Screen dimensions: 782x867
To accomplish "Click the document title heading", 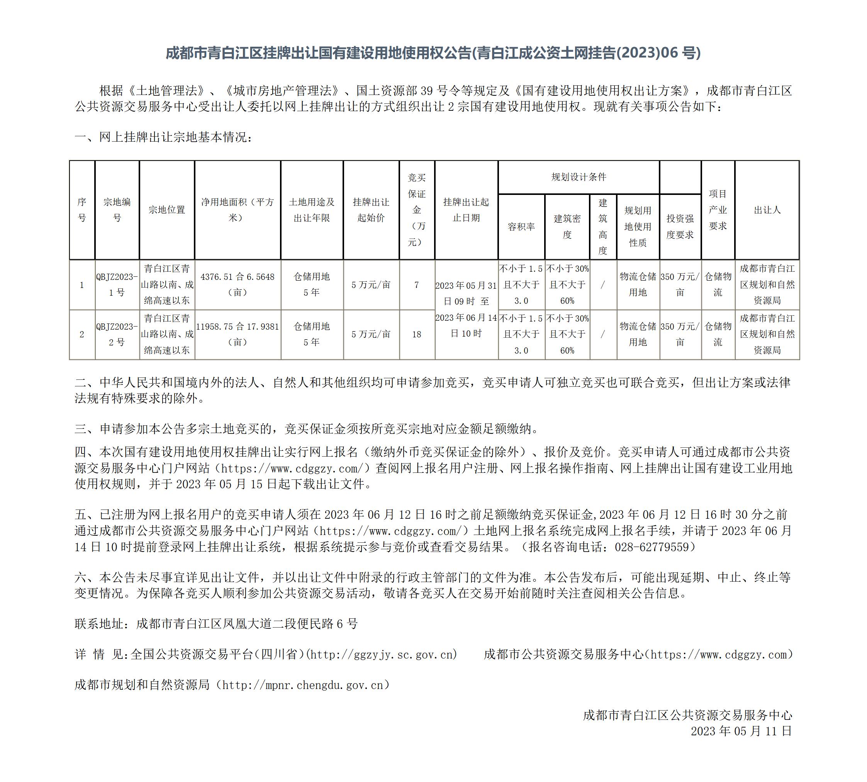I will click(x=433, y=53).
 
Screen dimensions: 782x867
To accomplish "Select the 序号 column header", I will click(x=81, y=210).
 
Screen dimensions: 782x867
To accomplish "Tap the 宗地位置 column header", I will click(x=167, y=210).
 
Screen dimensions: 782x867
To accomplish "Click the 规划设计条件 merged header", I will click(x=579, y=177).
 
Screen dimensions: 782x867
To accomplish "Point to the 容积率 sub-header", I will click(x=521, y=227).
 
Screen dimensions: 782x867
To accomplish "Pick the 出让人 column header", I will click(x=767, y=210).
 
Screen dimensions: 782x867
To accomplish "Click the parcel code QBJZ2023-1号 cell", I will click(x=117, y=284).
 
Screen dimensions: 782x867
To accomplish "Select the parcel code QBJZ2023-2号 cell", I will click(x=117, y=334).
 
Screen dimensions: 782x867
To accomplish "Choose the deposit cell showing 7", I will click(x=417, y=285).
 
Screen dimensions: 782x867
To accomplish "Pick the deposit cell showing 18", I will click(x=417, y=334).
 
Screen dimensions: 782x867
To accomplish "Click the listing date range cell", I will click(x=467, y=309).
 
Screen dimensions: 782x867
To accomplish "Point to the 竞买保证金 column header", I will click(x=417, y=210).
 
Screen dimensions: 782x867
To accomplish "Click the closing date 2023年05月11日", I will click(x=741, y=731).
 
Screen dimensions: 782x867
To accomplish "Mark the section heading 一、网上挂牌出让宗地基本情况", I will click(x=164, y=137).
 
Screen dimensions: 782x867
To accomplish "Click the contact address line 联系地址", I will click(x=216, y=623).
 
